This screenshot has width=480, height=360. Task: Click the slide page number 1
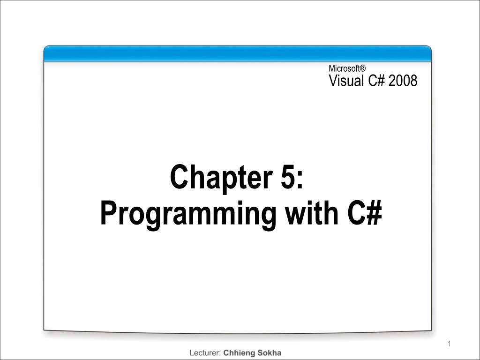tap(449, 345)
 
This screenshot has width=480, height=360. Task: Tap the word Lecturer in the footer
tap(204, 352)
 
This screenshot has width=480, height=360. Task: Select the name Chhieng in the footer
tap(240, 352)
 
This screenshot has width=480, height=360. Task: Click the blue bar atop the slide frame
tap(238, 54)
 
